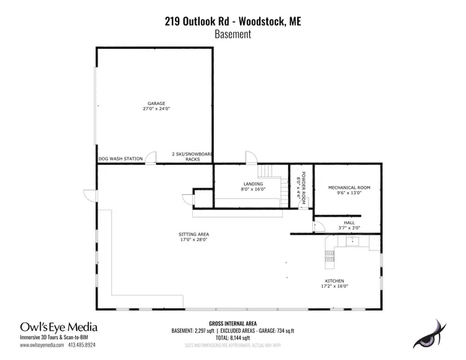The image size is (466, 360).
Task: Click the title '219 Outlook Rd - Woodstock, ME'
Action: (x=233, y=22)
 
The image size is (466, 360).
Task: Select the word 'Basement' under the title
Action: (x=233, y=34)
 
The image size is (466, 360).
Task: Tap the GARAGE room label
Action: (x=156, y=103)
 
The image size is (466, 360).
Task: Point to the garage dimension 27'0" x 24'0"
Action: (x=156, y=109)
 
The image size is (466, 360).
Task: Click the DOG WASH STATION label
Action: (x=120, y=159)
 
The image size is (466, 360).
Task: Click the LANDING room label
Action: (x=252, y=184)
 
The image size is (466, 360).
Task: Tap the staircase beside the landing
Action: (x=275, y=183)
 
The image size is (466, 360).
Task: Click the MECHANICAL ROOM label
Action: (x=347, y=187)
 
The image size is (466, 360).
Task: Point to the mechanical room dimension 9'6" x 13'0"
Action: (x=347, y=193)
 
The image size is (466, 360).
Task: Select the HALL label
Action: (x=349, y=222)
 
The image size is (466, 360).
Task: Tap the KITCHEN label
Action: (x=335, y=280)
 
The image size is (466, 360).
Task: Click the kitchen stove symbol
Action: (x=329, y=256)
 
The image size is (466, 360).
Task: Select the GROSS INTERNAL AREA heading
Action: (x=233, y=323)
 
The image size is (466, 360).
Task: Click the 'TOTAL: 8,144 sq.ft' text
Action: (x=233, y=337)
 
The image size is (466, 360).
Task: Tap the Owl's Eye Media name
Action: (x=59, y=327)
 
